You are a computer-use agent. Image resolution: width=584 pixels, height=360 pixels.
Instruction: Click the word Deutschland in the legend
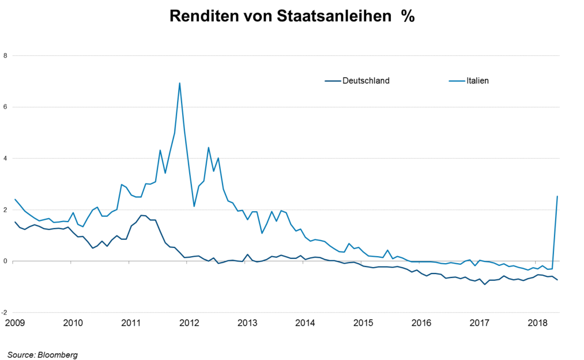point(366,81)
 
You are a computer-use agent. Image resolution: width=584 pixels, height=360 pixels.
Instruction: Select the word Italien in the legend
point(477,81)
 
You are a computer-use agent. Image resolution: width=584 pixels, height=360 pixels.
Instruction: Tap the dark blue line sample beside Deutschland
point(332,81)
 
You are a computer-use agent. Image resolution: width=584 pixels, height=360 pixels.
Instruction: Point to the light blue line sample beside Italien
point(457,81)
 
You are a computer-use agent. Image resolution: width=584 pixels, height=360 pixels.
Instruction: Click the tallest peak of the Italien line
point(179,83)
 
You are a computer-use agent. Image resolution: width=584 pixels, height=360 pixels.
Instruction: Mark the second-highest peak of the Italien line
point(208,147)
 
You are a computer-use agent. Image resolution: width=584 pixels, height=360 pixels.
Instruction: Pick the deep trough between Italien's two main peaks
point(194,206)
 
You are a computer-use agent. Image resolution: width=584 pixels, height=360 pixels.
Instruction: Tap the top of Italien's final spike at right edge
point(557,195)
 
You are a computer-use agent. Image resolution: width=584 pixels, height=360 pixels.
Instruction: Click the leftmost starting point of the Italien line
point(15,199)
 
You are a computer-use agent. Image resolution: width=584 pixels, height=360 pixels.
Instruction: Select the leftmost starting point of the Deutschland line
point(15,222)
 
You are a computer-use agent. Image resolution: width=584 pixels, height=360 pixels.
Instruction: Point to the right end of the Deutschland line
point(557,280)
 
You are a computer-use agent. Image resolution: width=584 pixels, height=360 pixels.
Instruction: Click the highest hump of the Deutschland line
point(143,216)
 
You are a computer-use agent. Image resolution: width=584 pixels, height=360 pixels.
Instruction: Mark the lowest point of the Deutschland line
point(484,284)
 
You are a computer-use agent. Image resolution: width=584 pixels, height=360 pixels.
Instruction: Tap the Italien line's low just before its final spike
point(552,269)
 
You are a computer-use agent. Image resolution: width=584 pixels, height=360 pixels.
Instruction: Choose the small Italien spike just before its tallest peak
point(160,150)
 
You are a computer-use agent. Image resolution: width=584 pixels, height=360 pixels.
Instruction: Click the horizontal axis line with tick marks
point(284,262)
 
